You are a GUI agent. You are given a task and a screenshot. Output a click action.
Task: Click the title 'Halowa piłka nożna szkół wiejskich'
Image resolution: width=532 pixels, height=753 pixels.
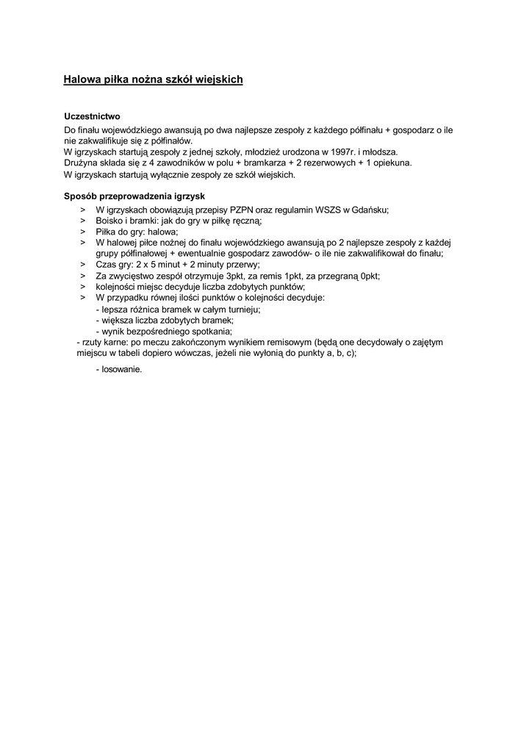pyautogui.click(x=153, y=79)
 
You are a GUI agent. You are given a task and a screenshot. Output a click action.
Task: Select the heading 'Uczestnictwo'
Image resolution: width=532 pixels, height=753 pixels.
pyautogui.click(x=92, y=117)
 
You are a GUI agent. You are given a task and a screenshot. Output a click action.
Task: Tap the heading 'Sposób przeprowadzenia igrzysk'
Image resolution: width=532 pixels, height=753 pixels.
pyautogui.click(x=134, y=197)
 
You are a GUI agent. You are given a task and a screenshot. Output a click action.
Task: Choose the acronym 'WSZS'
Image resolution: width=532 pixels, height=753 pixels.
pyautogui.click(x=331, y=210)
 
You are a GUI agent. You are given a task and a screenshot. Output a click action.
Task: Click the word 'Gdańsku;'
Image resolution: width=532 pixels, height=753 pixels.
pyautogui.click(x=372, y=210)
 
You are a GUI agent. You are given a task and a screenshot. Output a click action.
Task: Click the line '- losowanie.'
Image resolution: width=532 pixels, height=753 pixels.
pyautogui.click(x=119, y=369)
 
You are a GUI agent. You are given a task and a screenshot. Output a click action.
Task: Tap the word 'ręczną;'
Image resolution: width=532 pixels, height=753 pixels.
pyautogui.click(x=247, y=221)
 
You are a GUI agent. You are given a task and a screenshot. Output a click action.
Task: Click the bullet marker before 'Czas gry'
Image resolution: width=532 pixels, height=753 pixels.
pyautogui.click(x=82, y=264)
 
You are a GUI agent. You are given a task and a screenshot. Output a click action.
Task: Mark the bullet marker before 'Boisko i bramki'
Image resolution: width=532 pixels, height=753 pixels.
pyautogui.click(x=82, y=221)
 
